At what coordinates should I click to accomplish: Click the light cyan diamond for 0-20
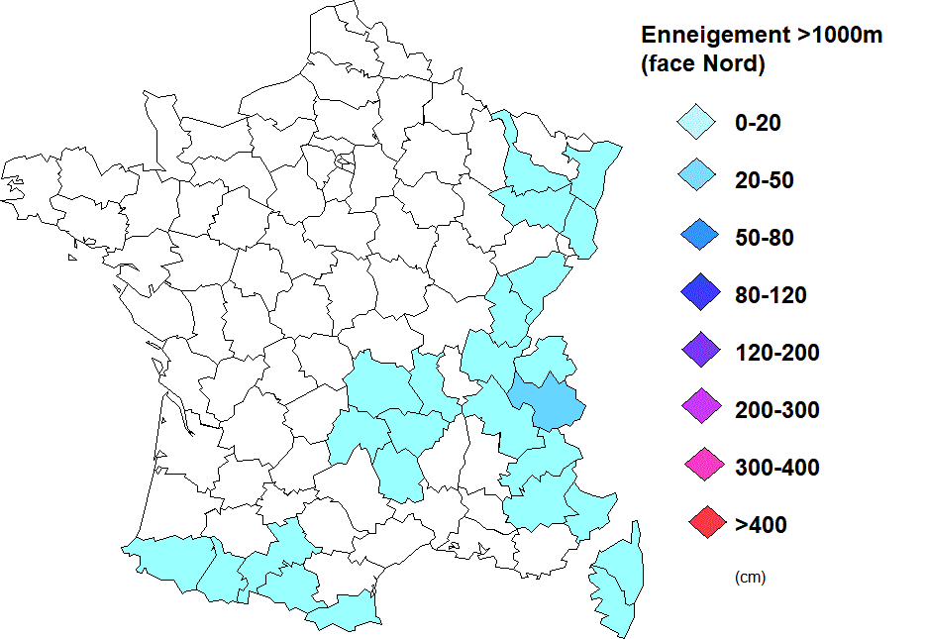click(697, 124)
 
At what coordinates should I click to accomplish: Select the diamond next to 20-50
click(697, 180)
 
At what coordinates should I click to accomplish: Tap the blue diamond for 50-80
click(697, 238)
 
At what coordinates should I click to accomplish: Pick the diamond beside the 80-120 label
click(697, 295)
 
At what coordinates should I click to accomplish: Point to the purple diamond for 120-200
click(697, 352)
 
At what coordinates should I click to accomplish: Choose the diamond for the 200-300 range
click(697, 408)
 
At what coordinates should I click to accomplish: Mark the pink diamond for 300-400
click(697, 466)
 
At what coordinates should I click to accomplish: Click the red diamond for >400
click(697, 523)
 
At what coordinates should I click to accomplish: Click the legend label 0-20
click(759, 124)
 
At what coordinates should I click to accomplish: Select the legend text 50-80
click(765, 238)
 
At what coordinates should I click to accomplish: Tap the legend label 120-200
click(777, 352)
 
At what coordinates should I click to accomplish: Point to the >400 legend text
click(761, 524)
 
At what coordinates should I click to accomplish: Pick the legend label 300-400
click(777, 467)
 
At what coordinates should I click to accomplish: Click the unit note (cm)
click(750, 577)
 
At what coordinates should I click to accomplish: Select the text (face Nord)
click(703, 65)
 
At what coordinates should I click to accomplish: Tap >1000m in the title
click(839, 36)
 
